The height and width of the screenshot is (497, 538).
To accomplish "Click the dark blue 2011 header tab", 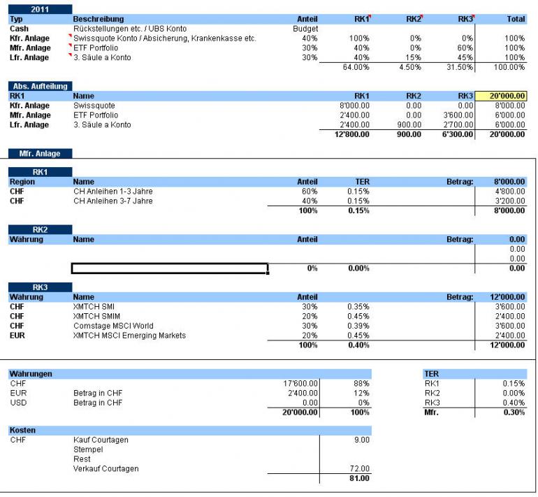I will pyautogui.click(x=39, y=9).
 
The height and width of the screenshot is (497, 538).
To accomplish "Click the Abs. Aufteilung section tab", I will pyautogui.click(x=40, y=86).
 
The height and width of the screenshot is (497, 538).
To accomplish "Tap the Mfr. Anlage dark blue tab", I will pyautogui.click(x=39, y=153).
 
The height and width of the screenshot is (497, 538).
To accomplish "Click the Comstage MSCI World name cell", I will pyautogui.click(x=112, y=326).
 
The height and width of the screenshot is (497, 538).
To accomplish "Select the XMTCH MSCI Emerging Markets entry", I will pyautogui.click(x=129, y=336).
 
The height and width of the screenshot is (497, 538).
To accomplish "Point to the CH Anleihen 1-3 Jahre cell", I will pyautogui.click(x=112, y=192).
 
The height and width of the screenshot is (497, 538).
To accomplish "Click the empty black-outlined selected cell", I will pyautogui.click(x=170, y=268).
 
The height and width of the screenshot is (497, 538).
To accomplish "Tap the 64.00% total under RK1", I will pyautogui.click(x=356, y=67).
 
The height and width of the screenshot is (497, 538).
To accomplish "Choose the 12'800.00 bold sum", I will pyautogui.click(x=352, y=134).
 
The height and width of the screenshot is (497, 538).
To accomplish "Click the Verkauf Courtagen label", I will pyautogui.click(x=106, y=468).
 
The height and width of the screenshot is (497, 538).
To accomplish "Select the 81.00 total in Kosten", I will pyautogui.click(x=359, y=479).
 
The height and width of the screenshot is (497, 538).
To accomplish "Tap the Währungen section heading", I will pyautogui.click(x=31, y=373).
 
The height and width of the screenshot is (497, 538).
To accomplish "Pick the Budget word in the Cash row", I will pyautogui.click(x=305, y=29).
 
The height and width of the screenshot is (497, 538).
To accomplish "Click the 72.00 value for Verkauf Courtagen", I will pyautogui.click(x=359, y=468).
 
